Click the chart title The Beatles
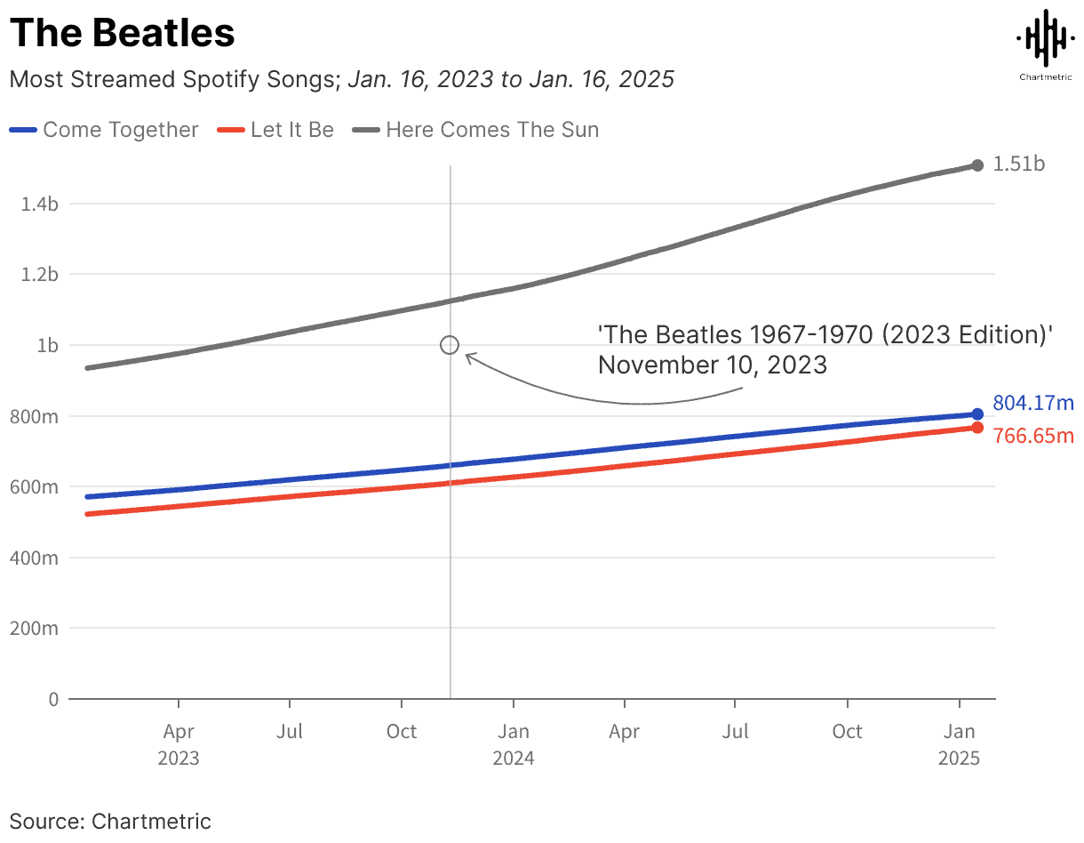(x=123, y=34)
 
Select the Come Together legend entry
(x=104, y=130)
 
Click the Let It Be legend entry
(x=276, y=130)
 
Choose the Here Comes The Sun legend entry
(x=480, y=130)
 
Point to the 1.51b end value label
(x=1018, y=165)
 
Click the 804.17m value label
(x=1032, y=404)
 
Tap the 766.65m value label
(x=1032, y=436)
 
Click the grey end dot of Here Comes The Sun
(x=977, y=165)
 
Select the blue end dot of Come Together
(x=977, y=413)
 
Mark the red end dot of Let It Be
(x=977, y=428)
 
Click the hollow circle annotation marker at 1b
(x=450, y=345)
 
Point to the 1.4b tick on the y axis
(x=40, y=204)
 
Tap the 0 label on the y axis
(x=53, y=700)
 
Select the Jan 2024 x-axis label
(x=514, y=744)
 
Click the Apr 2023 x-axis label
(x=179, y=744)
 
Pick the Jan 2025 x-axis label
(x=959, y=744)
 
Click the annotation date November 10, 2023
(x=712, y=365)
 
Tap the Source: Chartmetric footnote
(x=110, y=820)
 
